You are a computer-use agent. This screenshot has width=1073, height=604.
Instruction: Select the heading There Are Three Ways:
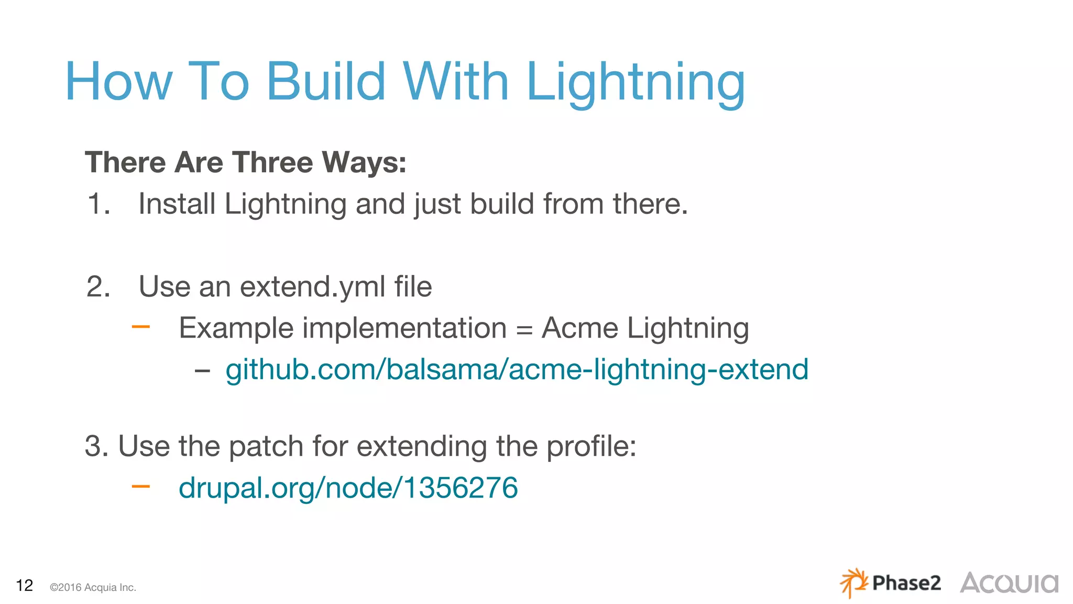tap(245, 162)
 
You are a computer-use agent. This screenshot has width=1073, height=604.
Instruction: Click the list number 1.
tap(98, 203)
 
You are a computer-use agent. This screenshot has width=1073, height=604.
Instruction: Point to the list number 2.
tap(98, 287)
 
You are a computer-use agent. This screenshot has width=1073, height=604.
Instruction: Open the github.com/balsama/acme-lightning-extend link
tap(517, 370)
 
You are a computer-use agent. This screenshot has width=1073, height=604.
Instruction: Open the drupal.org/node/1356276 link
tap(348, 488)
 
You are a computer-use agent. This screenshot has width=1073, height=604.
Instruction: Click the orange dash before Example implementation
tap(140, 328)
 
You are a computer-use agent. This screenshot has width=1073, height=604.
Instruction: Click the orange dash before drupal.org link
tap(140, 487)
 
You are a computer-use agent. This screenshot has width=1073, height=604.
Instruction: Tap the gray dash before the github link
tap(202, 371)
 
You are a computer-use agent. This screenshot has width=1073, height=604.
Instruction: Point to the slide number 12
tap(25, 585)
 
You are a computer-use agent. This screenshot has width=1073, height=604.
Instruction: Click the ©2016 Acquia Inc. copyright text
tap(93, 587)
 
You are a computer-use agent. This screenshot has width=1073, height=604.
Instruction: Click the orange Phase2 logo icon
tap(853, 583)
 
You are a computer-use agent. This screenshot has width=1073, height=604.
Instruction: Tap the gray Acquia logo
tap(1009, 583)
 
